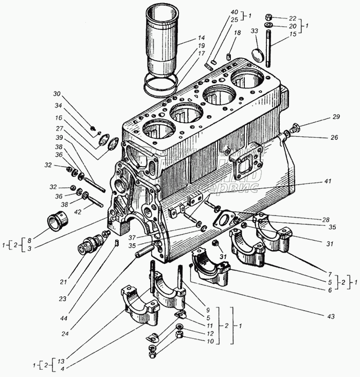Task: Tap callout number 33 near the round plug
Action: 254,32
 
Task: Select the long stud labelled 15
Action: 268,49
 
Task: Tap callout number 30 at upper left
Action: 56,94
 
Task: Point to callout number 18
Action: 238,33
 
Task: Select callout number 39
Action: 60,138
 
